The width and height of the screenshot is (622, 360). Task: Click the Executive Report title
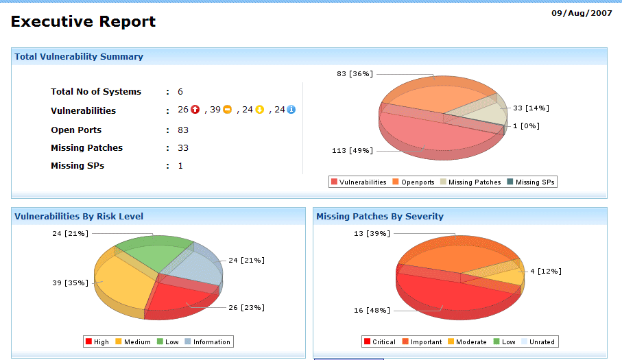83,22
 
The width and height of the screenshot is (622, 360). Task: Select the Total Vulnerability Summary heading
79,57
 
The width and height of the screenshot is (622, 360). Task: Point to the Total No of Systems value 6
180,92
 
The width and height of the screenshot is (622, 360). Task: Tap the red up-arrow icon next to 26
195,110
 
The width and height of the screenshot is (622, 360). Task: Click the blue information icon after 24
291,110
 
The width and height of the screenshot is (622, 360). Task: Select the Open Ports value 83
183,130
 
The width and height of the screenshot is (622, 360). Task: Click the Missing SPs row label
77,166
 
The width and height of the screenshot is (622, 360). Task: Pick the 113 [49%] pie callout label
352,150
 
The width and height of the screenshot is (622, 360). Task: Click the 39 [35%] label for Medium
71,283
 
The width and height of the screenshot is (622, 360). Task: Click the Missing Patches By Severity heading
380,217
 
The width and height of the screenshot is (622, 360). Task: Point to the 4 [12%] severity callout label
546,272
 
